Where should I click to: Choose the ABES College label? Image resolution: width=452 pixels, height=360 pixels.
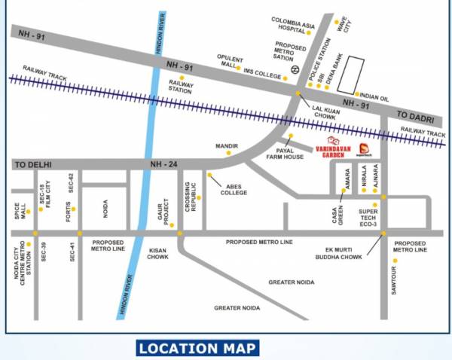233,188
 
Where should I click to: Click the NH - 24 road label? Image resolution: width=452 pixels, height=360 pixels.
162,163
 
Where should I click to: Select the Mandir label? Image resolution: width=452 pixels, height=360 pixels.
227,145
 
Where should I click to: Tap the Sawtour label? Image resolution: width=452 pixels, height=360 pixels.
394,278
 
